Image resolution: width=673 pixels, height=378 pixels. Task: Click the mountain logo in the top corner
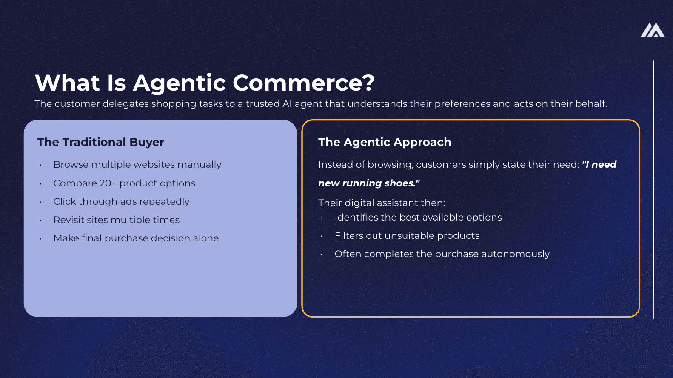653,30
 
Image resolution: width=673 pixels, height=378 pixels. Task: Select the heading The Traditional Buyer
101,142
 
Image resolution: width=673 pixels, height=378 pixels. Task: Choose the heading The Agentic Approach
385,142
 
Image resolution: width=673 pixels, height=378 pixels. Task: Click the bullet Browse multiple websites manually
137,165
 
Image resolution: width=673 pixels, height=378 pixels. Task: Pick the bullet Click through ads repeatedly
121,201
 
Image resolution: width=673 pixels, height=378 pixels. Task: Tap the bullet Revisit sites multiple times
117,220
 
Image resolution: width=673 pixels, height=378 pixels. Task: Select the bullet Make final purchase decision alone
136,238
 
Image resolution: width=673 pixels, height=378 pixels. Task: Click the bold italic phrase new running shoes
367,183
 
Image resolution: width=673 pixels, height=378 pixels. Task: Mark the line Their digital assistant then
382,203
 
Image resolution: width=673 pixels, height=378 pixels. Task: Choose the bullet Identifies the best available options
418,218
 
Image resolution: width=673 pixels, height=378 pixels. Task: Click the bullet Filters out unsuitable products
407,236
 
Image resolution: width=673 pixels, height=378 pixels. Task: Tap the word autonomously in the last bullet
516,254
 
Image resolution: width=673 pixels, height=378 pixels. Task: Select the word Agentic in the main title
180,83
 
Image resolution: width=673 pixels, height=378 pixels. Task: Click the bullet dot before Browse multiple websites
40,165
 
